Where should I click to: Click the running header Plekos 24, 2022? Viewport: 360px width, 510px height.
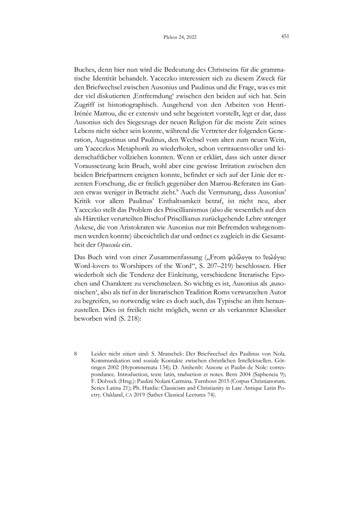[x=180, y=37]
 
